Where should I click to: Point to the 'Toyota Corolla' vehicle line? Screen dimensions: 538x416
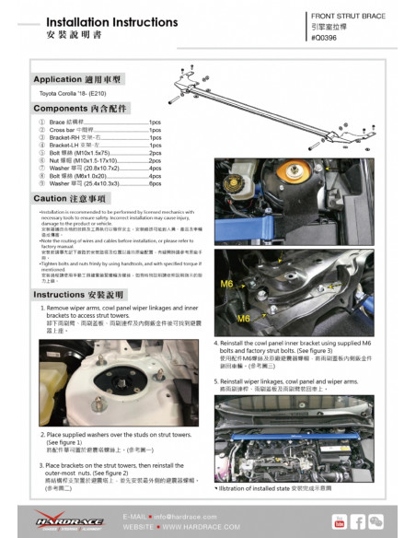pyautogui.click(x=82, y=96)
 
